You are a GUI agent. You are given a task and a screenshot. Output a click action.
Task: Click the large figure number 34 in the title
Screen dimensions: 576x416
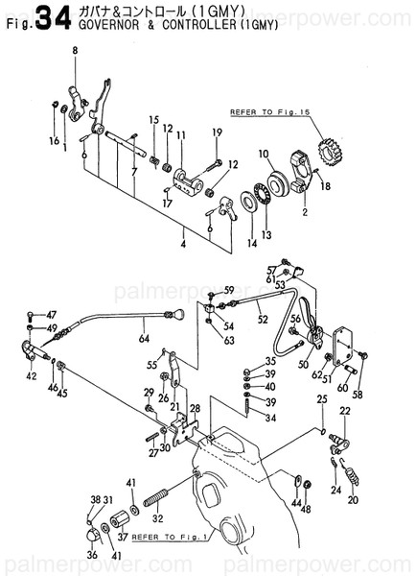44,14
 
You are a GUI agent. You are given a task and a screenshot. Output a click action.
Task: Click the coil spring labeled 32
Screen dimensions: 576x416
156,501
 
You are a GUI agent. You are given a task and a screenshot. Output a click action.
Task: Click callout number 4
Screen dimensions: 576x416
183,231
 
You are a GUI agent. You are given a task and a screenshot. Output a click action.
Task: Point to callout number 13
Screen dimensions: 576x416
266,234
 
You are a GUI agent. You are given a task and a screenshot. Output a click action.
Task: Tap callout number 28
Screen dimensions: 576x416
195,409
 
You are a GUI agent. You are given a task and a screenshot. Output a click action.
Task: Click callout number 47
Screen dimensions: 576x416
51,314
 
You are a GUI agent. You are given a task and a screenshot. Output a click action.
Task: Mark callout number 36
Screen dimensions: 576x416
92,554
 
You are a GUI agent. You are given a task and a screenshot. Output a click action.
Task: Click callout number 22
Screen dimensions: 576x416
345,410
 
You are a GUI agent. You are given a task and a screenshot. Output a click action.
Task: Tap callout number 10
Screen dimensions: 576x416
262,154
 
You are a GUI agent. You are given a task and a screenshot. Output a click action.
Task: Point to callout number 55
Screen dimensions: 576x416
150,365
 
